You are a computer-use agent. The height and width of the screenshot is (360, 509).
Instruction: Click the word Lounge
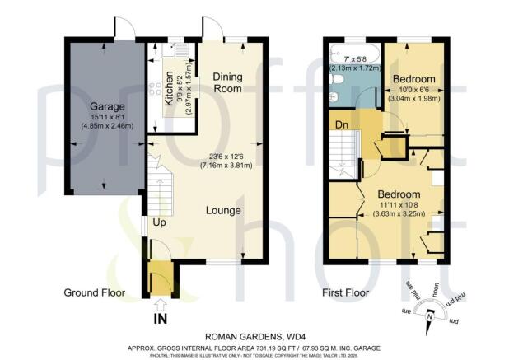pos(224,211)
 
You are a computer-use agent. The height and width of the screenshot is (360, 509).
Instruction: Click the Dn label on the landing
pos(339,124)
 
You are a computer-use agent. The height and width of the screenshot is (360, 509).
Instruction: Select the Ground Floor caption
pos(94,292)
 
